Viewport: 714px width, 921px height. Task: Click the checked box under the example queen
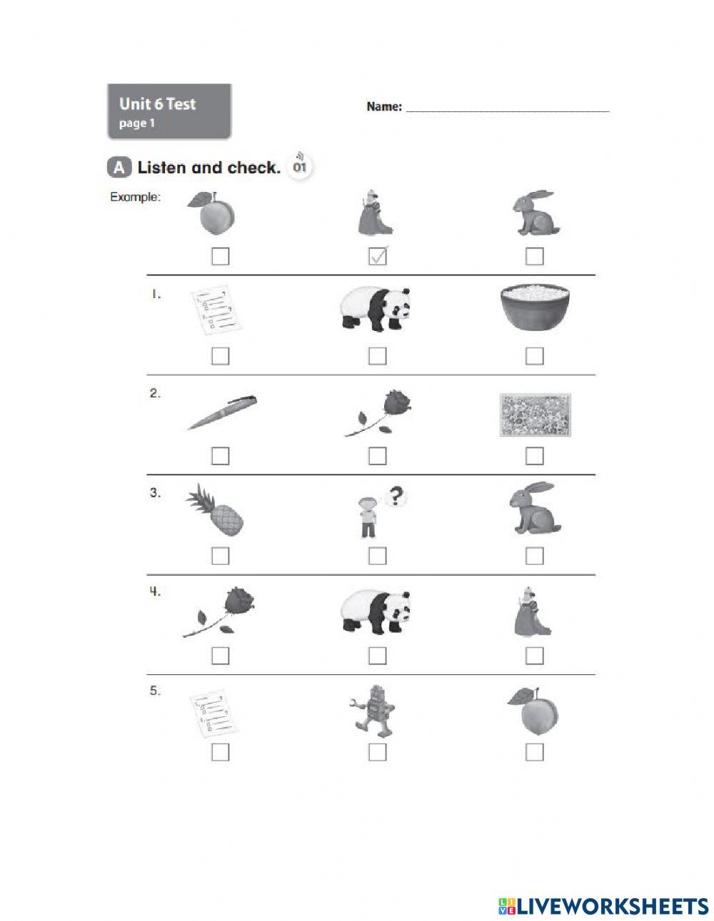378,256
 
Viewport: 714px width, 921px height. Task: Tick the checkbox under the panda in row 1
377,355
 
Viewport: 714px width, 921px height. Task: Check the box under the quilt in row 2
534,455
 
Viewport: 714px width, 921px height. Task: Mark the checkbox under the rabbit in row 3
534,555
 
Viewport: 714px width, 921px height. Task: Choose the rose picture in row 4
221,611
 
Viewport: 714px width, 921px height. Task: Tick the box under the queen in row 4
534,655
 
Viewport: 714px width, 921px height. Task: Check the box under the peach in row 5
534,752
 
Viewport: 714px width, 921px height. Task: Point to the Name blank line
508,110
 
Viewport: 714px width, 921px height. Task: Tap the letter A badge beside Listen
119,168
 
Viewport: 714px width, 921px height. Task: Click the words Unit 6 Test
157,104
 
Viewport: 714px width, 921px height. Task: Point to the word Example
135,198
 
